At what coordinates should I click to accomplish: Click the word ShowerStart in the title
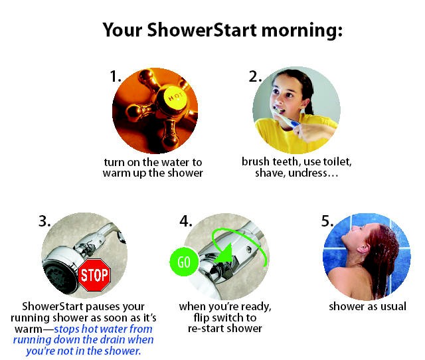202,30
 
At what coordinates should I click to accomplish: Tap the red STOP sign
94,275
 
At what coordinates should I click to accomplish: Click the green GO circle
184,262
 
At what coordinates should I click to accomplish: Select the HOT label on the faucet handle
175,96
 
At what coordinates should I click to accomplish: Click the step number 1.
115,76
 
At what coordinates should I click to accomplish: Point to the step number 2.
255,76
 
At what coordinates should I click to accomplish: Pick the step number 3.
44,221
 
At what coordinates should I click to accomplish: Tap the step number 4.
186,221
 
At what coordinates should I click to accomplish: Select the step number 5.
327,221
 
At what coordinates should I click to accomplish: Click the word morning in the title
301,31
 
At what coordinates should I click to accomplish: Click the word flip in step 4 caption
202,318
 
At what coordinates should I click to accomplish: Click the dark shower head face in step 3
58,278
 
